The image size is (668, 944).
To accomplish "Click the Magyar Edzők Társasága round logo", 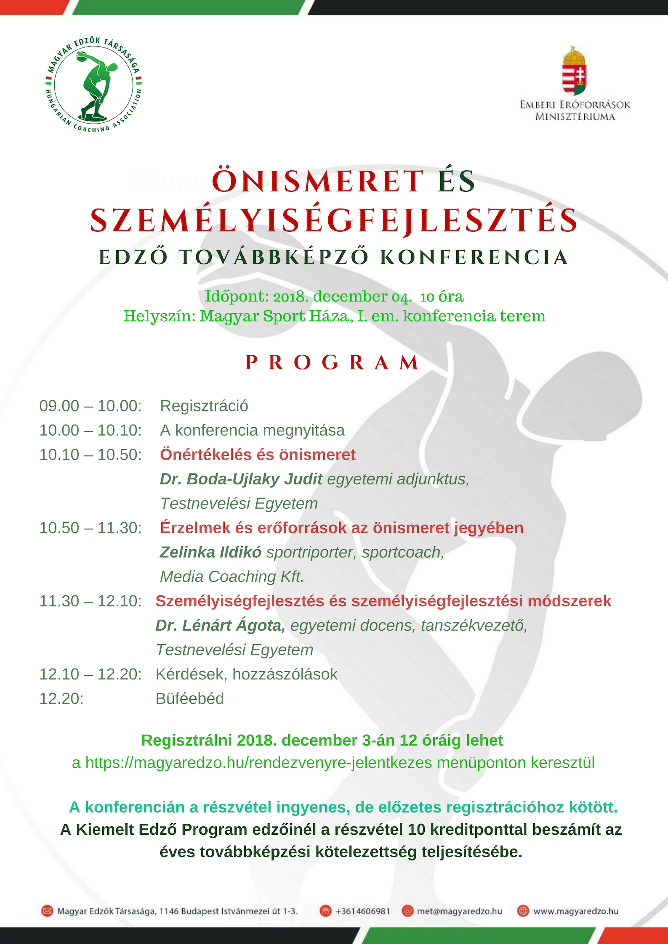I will click(93, 85).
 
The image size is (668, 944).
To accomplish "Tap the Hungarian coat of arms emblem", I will click(575, 71).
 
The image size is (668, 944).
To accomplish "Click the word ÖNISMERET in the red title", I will click(318, 181).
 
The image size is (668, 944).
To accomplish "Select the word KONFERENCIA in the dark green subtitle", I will click(474, 257).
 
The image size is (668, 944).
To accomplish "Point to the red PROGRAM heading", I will click(332, 362).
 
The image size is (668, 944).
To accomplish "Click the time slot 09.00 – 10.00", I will click(90, 406).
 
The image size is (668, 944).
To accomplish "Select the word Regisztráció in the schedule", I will click(204, 406).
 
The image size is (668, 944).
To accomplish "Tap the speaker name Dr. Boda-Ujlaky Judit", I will click(241, 479).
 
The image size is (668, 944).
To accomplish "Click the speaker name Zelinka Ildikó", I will click(210, 552).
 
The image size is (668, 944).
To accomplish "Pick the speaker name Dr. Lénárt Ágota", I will click(220, 625).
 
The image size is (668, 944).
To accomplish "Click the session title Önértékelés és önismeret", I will click(258, 455).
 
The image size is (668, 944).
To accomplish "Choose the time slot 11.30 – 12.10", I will click(90, 601).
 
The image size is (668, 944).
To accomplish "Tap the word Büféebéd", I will click(190, 698).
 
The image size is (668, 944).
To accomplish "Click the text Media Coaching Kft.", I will click(232, 576).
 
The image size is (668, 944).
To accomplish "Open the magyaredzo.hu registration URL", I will click(258, 763).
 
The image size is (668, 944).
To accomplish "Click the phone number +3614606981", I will click(363, 911).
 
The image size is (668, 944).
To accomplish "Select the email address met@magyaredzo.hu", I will click(460, 911).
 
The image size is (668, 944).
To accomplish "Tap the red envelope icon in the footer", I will click(47, 911).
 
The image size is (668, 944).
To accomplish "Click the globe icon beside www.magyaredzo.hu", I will click(523, 911).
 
